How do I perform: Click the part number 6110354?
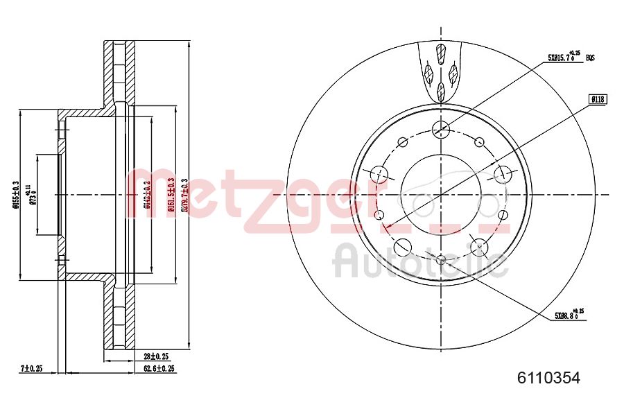(548, 378)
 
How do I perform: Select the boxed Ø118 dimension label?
(598, 99)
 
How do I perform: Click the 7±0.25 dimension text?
(31, 368)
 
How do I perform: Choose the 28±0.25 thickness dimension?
(147, 356)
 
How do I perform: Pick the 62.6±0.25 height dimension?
(155, 368)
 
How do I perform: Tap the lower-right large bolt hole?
(480, 245)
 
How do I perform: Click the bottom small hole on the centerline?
(442, 259)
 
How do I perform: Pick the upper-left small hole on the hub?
(403, 142)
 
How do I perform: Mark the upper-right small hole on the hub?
(479, 142)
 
